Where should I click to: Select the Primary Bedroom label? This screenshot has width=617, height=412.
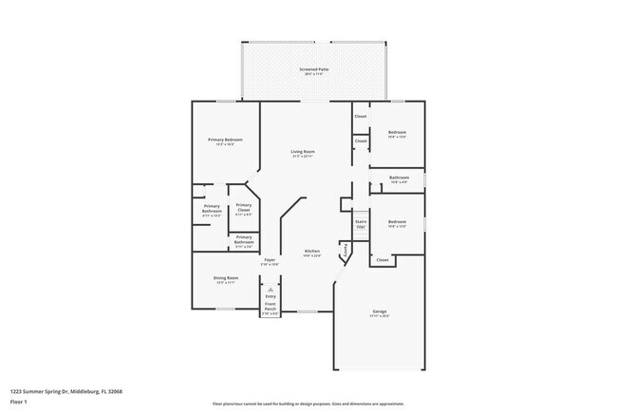click(x=225, y=140)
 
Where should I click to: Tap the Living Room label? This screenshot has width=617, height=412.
click(x=303, y=152)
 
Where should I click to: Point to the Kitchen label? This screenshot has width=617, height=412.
click(x=311, y=251)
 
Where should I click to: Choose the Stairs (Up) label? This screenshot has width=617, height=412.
click(x=361, y=224)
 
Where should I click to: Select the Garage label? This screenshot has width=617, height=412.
click(x=379, y=311)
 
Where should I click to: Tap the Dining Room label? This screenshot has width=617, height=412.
click(x=226, y=278)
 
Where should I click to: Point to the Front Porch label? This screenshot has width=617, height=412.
click(x=270, y=307)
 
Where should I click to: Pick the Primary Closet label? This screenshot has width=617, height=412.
click(x=244, y=207)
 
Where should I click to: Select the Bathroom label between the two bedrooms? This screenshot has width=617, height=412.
click(x=398, y=178)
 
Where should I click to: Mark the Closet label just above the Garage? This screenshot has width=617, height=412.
click(x=382, y=259)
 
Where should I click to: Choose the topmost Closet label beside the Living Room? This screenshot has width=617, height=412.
click(x=360, y=116)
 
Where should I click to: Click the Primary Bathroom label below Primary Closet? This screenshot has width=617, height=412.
click(x=244, y=239)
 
